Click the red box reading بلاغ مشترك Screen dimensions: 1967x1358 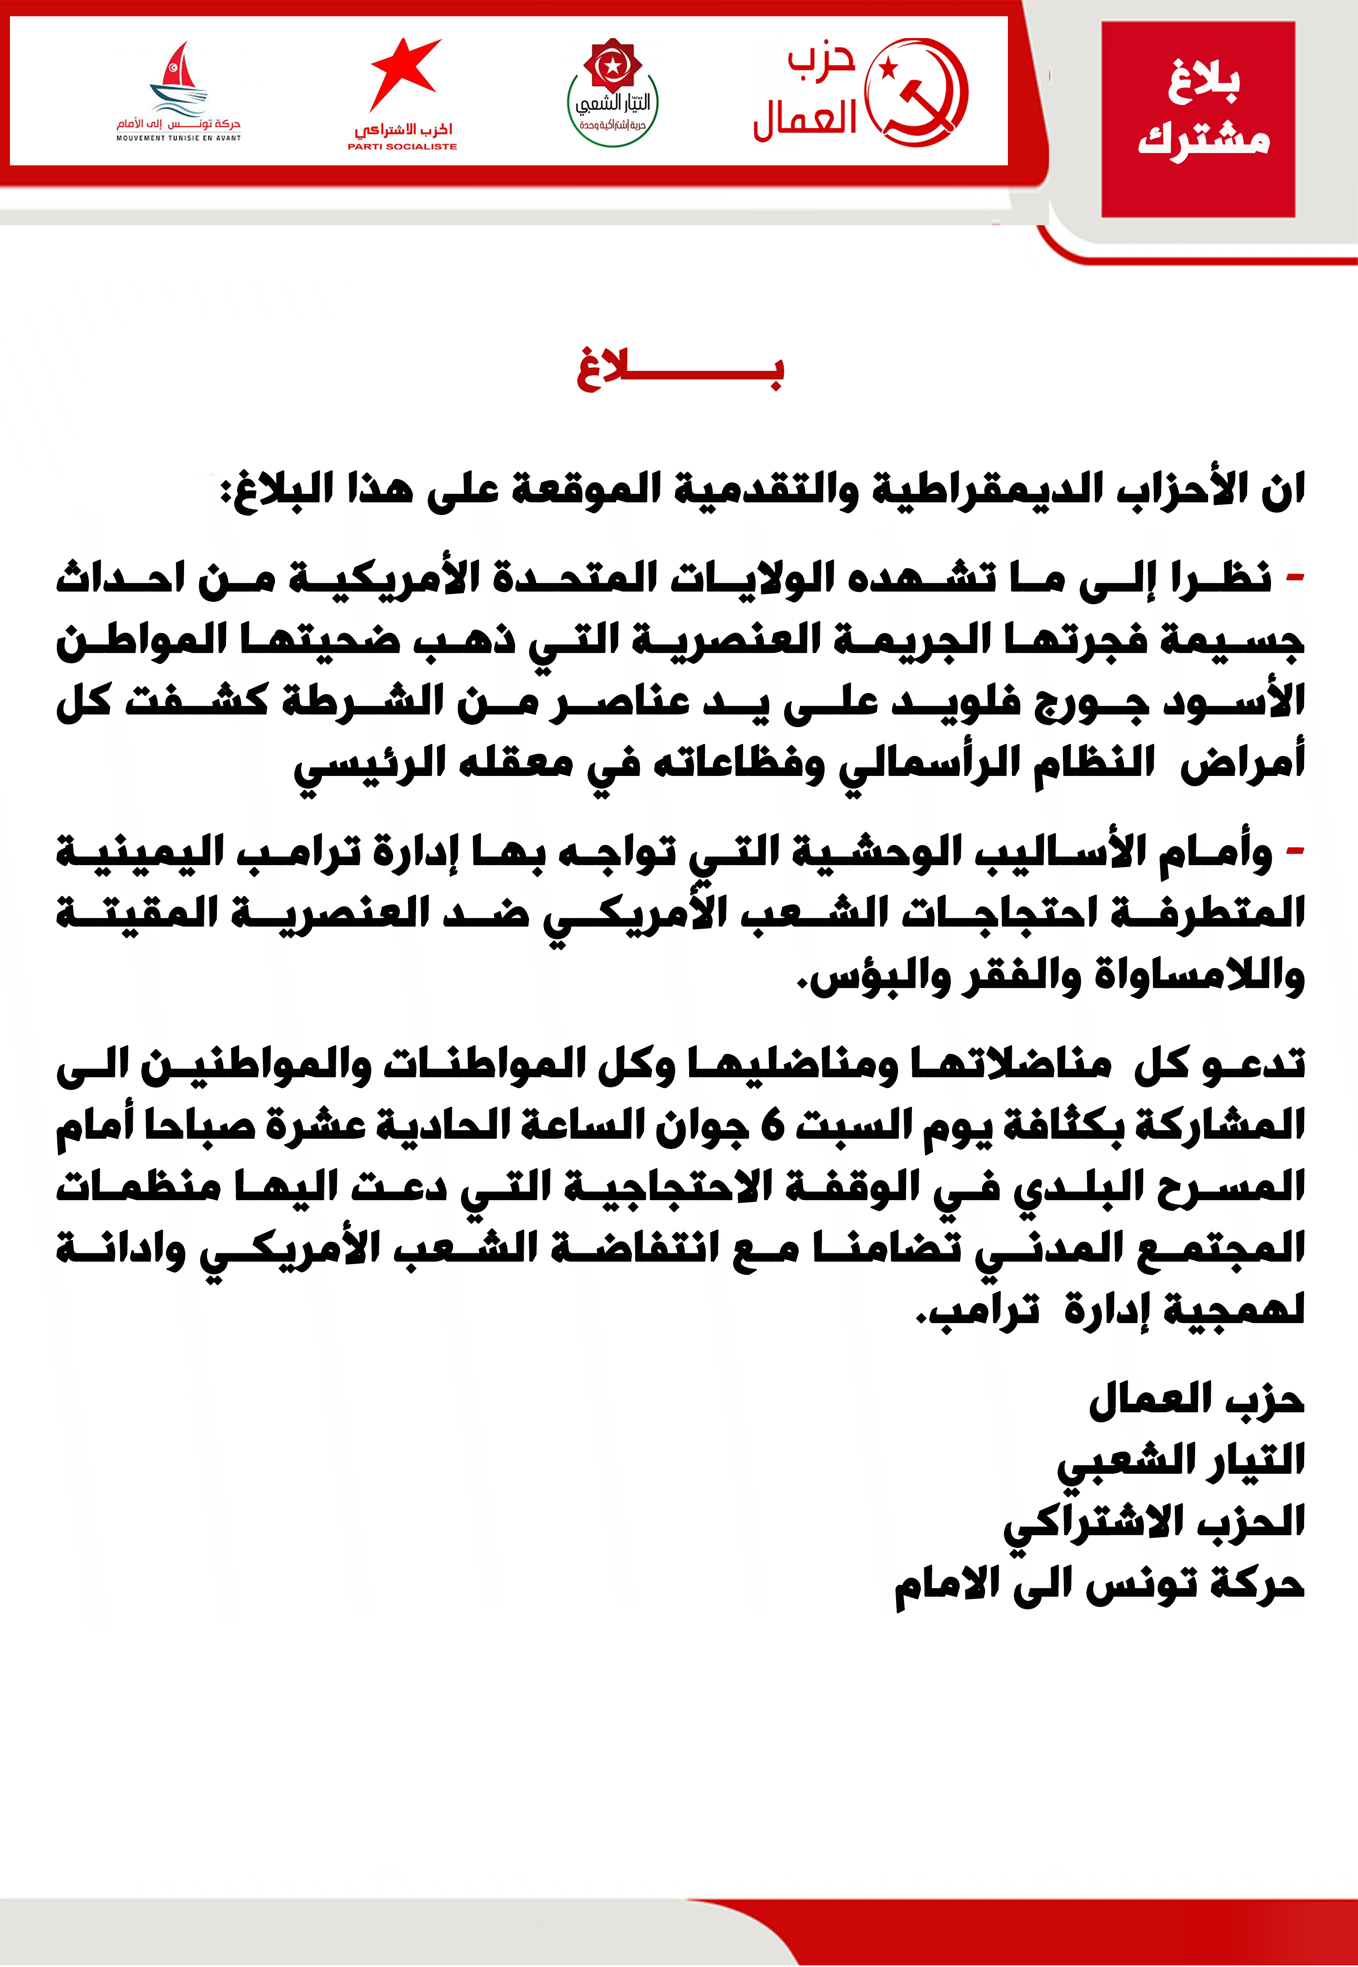[1198, 119]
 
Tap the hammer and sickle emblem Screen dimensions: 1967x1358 [916, 92]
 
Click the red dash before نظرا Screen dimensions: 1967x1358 [1294, 578]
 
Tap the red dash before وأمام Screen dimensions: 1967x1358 [1294, 851]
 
